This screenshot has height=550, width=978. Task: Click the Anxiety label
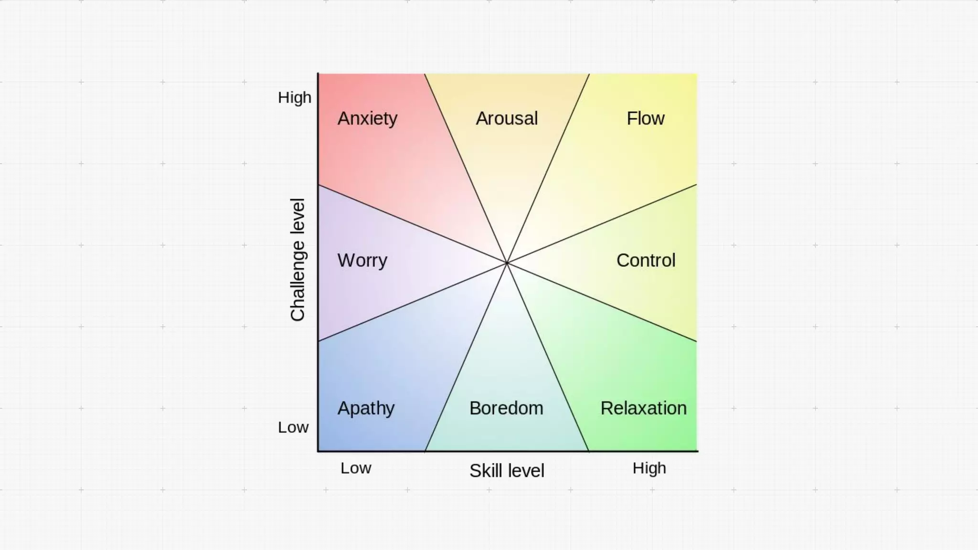[x=367, y=118]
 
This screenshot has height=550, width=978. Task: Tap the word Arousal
[x=507, y=118]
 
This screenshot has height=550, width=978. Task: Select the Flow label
[x=645, y=118]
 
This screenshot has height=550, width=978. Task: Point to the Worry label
[x=362, y=261]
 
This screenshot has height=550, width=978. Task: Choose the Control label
[x=646, y=261]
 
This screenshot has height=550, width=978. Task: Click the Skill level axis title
[x=507, y=471]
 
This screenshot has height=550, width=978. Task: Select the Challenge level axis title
[x=298, y=260]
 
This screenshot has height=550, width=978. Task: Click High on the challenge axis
[x=295, y=98]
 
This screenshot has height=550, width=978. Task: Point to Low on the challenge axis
[x=293, y=427]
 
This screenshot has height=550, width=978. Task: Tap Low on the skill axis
[x=356, y=468]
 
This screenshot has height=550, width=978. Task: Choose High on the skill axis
[x=649, y=468]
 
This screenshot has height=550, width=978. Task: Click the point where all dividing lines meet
[x=507, y=263]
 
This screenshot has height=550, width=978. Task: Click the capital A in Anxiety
[x=343, y=118]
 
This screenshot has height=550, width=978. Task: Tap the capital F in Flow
[x=631, y=118]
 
